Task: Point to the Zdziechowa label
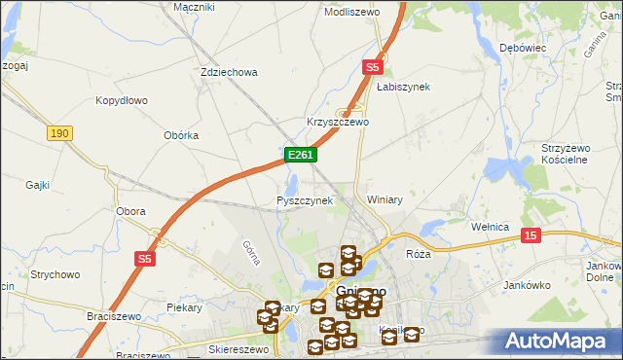coord(228,72)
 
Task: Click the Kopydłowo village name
coord(121,100)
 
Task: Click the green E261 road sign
coord(299,155)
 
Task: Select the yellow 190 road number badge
coord(59,131)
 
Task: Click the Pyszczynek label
coord(305,200)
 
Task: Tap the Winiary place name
coord(385,199)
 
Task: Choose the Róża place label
coord(418,253)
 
